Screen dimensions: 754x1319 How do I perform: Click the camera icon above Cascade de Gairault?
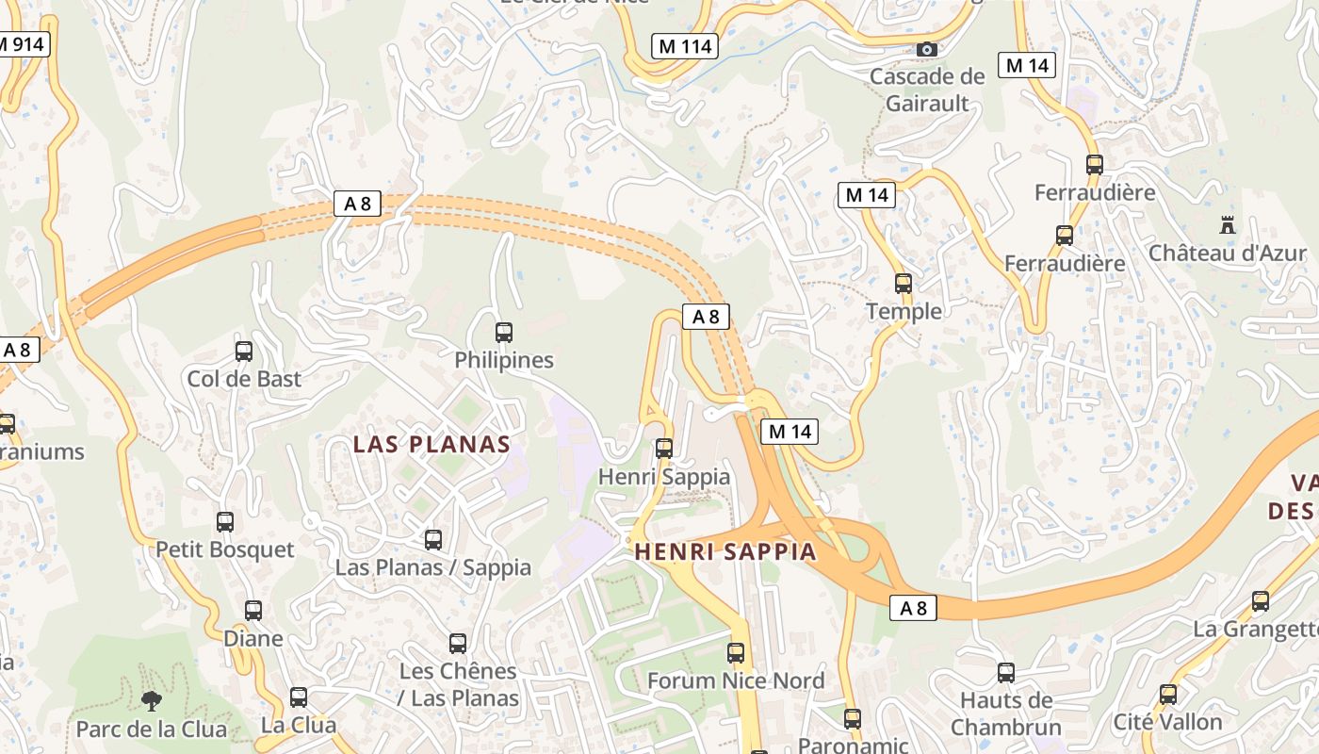point(926,49)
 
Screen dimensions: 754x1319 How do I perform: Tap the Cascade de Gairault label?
point(927,90)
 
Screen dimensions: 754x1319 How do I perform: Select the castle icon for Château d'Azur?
point(1227,225)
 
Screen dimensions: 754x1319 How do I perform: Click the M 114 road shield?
point(685,45)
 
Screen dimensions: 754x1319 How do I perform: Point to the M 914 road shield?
point(23,43)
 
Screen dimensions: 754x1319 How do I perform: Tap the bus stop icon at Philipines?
point(504,332)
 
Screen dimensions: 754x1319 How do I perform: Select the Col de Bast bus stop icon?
point(244,352)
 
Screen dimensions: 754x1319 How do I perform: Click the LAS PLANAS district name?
point(432,445)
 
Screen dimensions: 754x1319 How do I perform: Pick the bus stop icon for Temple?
point(904,283)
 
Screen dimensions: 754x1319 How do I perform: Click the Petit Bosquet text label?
point(225,549)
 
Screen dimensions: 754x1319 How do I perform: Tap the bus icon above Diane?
point(253,610)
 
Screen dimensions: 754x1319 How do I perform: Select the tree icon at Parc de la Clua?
point(150,700)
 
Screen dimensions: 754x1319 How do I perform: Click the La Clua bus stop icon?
point(299,697)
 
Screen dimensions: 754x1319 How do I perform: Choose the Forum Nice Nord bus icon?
point(736,652)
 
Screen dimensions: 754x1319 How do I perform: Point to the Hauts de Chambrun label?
point(1005,713)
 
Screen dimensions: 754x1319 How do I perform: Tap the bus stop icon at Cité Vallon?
point(1168,695)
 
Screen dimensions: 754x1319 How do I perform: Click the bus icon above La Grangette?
point(1261,601)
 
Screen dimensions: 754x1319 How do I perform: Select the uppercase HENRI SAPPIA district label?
point(725,552)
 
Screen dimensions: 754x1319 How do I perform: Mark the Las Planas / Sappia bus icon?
point(433,540)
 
